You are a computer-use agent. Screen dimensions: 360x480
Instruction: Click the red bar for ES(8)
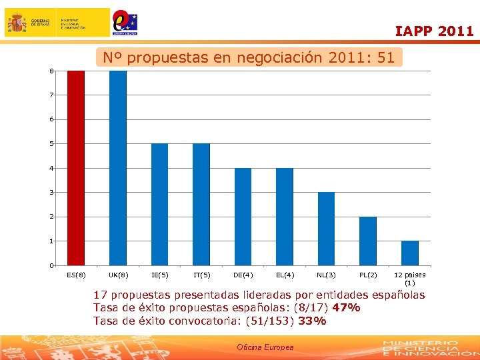click(x=76, y=168)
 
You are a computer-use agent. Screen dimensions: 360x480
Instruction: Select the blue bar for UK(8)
click(x=118, y=168)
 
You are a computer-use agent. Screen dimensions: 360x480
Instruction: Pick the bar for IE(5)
click(x=159, y=204)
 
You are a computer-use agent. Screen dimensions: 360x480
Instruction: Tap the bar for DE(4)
click(x=243, y=217)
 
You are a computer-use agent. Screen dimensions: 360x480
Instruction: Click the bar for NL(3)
click(x=326, y=229)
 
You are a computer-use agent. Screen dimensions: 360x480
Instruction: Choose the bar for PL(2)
click(x=368, y=241)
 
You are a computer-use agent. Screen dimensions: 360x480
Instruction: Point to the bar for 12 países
click(x=409, y=253)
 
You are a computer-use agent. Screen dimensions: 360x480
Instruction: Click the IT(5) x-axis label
click(x=201, y=275)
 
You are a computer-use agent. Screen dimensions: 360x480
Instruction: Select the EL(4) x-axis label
click(x=285, y=275)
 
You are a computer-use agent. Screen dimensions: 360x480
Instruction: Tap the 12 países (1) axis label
click(x=409, y=279)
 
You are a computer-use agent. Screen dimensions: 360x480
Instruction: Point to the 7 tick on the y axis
click(x=51, y=95)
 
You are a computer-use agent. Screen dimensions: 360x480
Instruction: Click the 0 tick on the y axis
click(x=51, y=266)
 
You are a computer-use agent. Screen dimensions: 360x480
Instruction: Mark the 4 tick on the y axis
click(x=51, y=168)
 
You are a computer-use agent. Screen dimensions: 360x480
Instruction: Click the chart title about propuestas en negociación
click(x=249, y=58)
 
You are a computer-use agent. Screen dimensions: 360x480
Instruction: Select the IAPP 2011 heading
click(x=434, y=31)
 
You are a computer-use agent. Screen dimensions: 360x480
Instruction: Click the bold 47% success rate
click(x=346, y=307)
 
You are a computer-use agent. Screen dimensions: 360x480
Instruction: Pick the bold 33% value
click(x=313, y=321)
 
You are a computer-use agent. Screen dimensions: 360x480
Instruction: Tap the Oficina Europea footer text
click(x=265, y=347)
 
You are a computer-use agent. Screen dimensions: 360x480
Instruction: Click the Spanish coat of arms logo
click(x=17, y=23)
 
